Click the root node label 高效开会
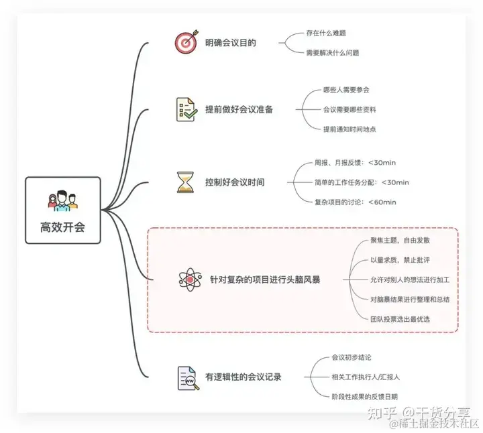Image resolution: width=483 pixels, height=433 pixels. click(63, 227)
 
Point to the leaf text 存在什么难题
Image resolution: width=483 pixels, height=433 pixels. click(326, 32)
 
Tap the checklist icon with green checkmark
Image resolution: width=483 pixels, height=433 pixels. click(185, 109)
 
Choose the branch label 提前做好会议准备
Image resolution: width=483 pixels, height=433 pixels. click(239, 110)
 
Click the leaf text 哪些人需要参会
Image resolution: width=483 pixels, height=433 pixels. click(346, 89)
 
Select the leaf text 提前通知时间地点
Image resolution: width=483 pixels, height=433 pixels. click(350, 128)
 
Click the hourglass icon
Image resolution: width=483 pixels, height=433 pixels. click(185, 182)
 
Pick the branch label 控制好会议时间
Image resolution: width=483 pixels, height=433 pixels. click(235, 182)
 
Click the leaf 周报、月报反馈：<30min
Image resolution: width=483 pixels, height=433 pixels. click(352, 162)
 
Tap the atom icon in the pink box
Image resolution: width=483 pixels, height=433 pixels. click(191, 279)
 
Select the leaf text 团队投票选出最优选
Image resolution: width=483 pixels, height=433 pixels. click(400, 318)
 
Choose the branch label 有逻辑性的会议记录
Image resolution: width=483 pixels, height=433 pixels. click(243, 377)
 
